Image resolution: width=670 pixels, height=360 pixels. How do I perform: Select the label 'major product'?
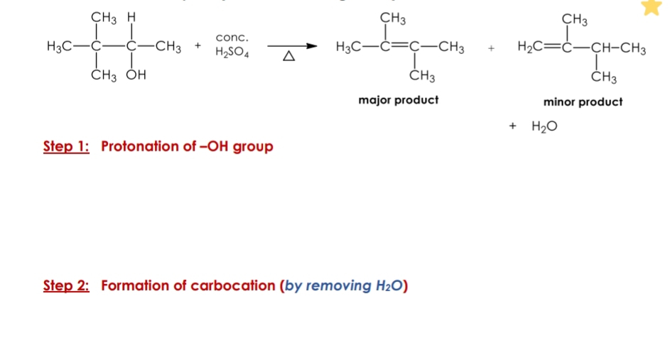click(398, 100)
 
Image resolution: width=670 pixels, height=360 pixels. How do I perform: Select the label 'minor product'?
click(583, 102)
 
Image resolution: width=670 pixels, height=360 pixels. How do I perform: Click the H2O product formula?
click(544, 126)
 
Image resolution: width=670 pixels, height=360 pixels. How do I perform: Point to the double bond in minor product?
click(554, 48)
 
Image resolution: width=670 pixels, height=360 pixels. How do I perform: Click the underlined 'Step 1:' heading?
click(66, 146)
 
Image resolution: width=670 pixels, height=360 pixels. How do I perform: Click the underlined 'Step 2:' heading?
click(66, 285)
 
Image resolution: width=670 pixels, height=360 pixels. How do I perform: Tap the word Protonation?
click(139, 146)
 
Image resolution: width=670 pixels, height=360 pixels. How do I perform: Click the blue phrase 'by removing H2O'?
click(344, 285)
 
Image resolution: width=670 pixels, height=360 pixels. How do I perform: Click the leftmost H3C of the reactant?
click(59, 48)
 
